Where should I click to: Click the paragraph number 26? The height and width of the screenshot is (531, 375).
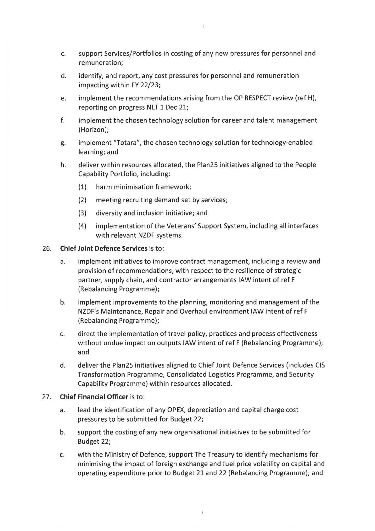47,248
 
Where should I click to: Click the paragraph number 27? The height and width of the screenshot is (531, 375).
47,397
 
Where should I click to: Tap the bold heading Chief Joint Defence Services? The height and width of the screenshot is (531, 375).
104,248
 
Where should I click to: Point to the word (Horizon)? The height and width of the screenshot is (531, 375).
93,130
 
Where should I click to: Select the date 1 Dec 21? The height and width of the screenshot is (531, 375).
175,107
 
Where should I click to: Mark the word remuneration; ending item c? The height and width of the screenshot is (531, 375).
101,63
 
